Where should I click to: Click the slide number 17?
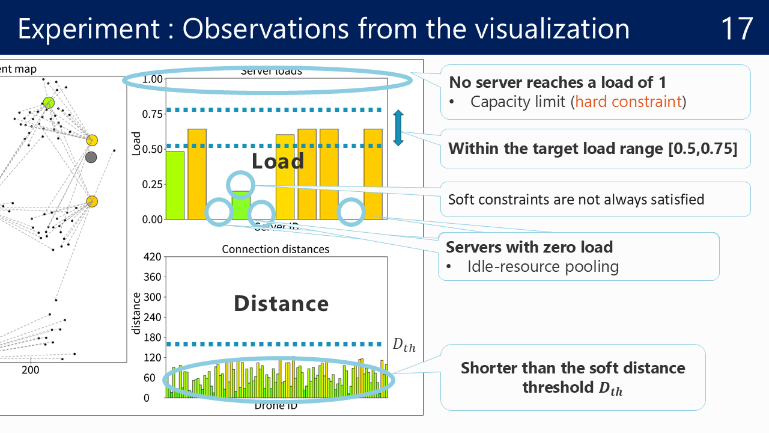[737, 29]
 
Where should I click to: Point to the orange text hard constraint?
[628, 101]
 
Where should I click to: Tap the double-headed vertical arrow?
[398, 127]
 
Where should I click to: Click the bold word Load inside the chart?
[278, 161]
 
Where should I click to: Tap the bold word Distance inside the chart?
[281, 304]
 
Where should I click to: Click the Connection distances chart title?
[276, 249]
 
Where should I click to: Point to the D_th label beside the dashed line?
[404, 345]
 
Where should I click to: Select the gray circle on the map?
[91, 158]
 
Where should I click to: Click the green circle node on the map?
[49, 103]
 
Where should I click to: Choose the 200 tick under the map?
[30, 369]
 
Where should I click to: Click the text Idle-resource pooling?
[543, 266]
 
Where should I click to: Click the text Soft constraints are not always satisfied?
[576, 199]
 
